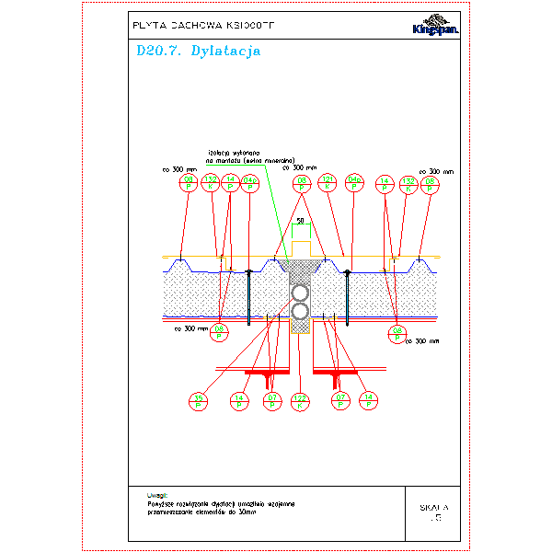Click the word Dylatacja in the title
[225, 52]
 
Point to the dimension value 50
[300, 221]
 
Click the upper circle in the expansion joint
[301, 293]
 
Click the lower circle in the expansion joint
[301, 310]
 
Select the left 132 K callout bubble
[211, 182]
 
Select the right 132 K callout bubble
[409, 182]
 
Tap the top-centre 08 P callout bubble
[301, 182]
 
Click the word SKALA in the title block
[433, 507]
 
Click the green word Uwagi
[156, 495]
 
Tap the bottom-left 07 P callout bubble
[272, 400]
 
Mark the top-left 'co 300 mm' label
[179, 169]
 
